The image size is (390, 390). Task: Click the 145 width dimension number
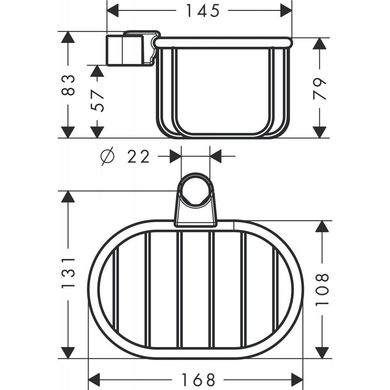click(202, 11)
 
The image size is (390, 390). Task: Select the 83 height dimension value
click(68, 85)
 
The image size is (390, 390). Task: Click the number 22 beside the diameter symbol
click(138, 157)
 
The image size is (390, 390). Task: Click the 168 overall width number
click(199, 379)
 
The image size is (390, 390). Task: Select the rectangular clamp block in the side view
click(124, 50)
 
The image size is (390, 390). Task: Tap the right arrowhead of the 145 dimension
click(286, 11)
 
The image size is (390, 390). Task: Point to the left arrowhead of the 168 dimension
click(95, 379)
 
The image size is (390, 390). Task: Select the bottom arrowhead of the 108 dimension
click(322, 352)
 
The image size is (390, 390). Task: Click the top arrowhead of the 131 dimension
click(68, 197)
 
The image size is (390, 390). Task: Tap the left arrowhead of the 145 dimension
click(113, 11)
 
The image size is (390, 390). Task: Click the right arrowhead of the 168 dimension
click(297, 379)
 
